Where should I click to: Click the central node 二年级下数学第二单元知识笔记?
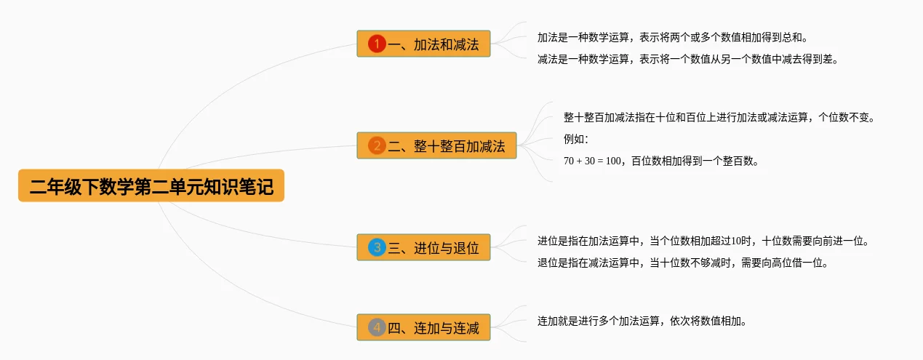coord(151,187)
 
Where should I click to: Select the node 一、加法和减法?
coord(424,44)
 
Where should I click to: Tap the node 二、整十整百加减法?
coord(436,145)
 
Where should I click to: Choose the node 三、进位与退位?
coord(424,247)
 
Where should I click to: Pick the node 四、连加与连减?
coord(424,327)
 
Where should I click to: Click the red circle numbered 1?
coord(377,44)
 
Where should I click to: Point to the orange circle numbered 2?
coord(377,145)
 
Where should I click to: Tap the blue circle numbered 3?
coord(377,247)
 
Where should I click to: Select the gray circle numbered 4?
coord(377,327)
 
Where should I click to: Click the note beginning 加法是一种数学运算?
coord(672,37)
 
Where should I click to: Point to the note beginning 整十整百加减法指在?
coord(719,117)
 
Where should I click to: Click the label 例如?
coord(575,139)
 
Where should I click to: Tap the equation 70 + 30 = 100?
coord(592,161)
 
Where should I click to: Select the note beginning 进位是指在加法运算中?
coord(703,241)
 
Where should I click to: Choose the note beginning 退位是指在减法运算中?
coord(683,263)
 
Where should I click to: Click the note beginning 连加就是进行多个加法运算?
coord(642,321)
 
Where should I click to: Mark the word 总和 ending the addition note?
coord(793,37)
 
